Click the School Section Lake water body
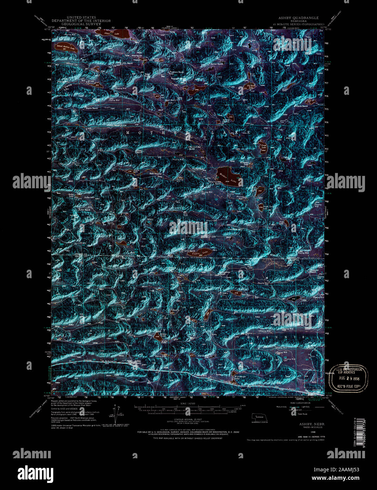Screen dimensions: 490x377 (x=66, y=48)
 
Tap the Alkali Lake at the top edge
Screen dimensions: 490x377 (x=106, y=34)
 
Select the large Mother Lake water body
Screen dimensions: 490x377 (x=230, y=176)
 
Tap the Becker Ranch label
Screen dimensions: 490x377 (x=217, y=64)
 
